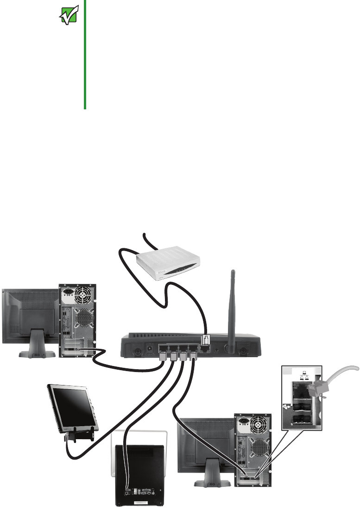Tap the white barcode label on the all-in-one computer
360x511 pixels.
[x=142, y=502]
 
